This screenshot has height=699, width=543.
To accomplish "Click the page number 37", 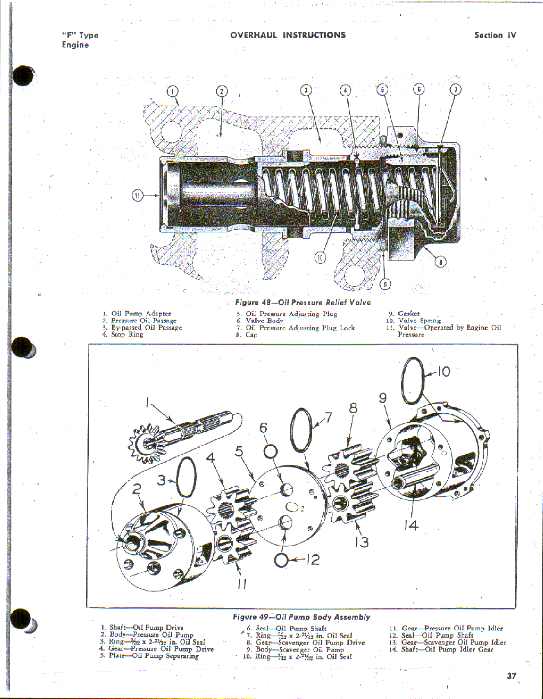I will tap(511, 676).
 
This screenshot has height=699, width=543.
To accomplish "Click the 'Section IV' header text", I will tap(495, 35).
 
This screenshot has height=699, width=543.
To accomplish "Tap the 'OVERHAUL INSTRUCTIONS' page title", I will tap(287, 35).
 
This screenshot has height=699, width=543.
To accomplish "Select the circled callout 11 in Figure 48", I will tap(138, 196).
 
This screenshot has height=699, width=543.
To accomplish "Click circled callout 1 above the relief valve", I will tap(173, 91).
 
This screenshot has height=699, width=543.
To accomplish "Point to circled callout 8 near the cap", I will tap(440, 262).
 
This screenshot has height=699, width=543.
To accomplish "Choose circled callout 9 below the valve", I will tap(385, 284).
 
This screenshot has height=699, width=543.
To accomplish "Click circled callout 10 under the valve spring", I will tap(320, 257).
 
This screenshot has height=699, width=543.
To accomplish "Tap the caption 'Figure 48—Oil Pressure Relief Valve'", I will tap(303, 302).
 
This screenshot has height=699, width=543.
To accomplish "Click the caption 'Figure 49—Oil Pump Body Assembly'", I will tap(301, 617).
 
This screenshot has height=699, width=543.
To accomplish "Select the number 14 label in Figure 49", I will tap(411, 525).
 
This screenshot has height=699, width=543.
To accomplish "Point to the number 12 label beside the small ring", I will tap(313, 560).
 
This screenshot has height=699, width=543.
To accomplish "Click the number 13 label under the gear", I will tap(361, 542).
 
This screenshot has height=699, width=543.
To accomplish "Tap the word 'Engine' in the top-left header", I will tap(75, 45).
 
